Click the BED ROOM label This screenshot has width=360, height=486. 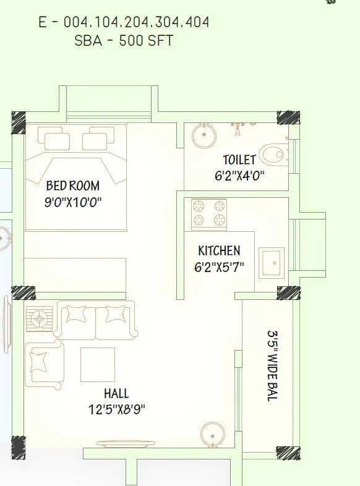(72, 185)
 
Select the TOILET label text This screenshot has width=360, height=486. (239, 160)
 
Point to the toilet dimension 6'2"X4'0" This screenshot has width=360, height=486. (239, 175)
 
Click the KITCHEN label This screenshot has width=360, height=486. (219, 251)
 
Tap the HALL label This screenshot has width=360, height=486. (116, 393)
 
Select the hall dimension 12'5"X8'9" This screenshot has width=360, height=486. (117, 409)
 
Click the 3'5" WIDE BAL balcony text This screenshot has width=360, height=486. (272, 365)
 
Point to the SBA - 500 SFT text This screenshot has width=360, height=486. (124, 41)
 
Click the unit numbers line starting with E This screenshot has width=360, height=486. (124, 23)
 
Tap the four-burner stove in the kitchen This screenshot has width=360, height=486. (208, 214)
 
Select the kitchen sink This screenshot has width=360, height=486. (272, 263)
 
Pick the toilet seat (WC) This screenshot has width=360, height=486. (272, 153)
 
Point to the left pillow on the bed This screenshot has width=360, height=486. (57, 139)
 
